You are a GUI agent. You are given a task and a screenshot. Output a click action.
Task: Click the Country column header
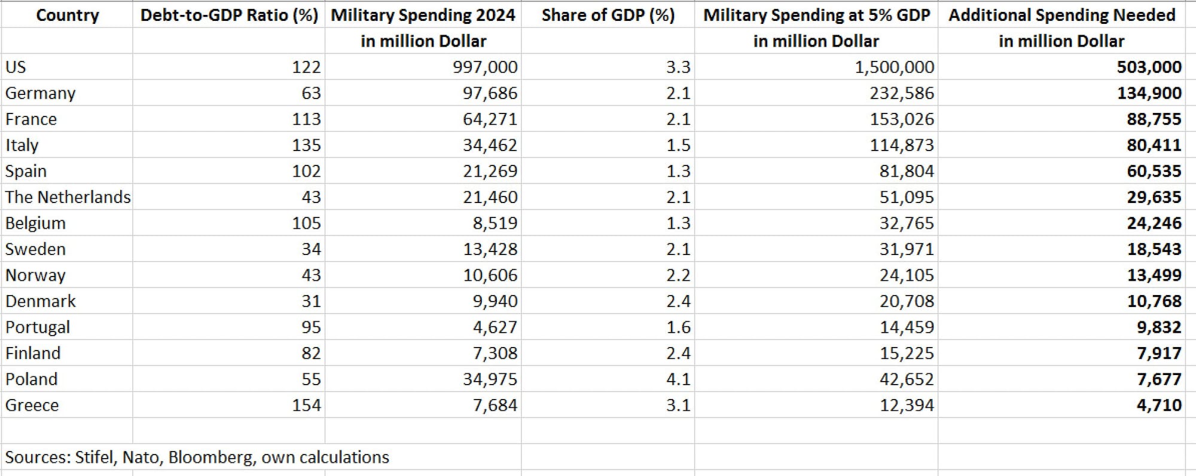pyautogui.click(x=67, y=15)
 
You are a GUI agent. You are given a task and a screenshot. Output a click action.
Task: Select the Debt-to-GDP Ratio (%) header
pyautogui.click(x=229, y=15)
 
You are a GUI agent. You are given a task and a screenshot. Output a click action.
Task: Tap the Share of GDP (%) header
pyautogui.click(x=608, y=15)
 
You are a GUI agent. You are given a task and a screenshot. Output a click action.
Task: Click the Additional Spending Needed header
pyautogui.click(x=1061, y=15)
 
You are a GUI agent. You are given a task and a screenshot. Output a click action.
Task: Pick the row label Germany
pyautogui.click(x=40, y=93)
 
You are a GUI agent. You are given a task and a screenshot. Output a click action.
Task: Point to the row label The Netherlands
pyautogui.click(x=68, y=197)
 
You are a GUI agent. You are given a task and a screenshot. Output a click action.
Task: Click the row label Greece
pyautogui.click(x=32, y=406)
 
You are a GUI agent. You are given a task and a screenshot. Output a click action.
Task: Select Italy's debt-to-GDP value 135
pyautogui.click(x=306, y=145)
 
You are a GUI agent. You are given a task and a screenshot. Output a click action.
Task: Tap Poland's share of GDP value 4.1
pyautogui.click(x=678, y=379)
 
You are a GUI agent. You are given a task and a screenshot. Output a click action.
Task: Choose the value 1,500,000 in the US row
pyautogui.click(x=894, y=67)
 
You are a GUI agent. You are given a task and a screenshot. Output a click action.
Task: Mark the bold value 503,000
pyautogui.click(x=1149, y=67)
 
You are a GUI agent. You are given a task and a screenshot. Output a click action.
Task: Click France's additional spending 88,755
pyautogui.click(x=1154, y=119)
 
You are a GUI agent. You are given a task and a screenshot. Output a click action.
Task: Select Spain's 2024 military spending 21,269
pyautogui.click(x=490, y=171)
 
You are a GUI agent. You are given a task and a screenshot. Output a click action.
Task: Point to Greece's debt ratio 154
pyautogui.click(x=306, y=406)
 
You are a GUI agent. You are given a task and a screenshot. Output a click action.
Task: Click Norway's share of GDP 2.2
pyautogui.click(x=678, y=275)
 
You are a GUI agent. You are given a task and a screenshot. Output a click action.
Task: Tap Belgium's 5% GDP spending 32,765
pyautogui.click(x=906, y=223)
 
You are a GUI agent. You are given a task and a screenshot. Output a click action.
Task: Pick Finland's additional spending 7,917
pyautogui.click(x=1158, y=354)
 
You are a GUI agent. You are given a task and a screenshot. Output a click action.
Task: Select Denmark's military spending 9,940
pyautogui.click(x=495, y=301)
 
